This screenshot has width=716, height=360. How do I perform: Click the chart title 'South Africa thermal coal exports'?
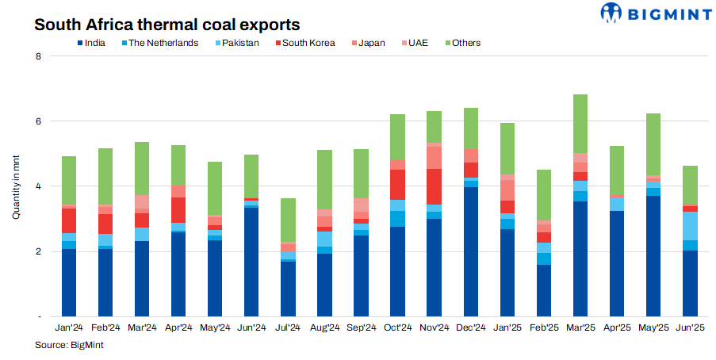[x=167, y=24]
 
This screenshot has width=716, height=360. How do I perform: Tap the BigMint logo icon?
[x=613, y=13]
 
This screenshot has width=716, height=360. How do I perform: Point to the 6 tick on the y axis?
[x=36, y=121]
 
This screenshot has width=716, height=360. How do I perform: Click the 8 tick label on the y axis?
[x=36, y=56]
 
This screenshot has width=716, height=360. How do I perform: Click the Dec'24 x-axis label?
[x=470, y=327]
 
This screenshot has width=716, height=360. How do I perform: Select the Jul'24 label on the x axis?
[x=288, y=327]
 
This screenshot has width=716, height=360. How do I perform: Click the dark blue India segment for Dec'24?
[x=470, y=252]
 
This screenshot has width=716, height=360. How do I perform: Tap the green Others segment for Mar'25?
[x=580, y=124]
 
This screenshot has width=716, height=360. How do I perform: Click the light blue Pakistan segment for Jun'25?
[x=689, y=226]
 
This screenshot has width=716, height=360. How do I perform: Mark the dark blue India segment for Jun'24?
[x=251, y=262]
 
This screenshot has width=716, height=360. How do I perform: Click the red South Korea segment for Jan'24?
[x=69, y=220]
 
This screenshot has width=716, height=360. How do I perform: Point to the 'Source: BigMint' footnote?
[x=69, y=345]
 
